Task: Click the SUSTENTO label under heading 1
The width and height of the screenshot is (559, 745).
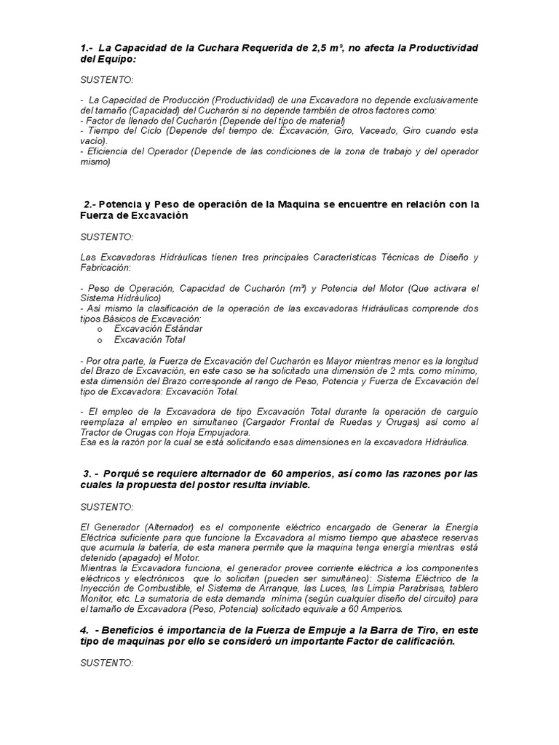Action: (107, 79)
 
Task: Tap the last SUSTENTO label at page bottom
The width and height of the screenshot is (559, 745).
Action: (107, 664)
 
